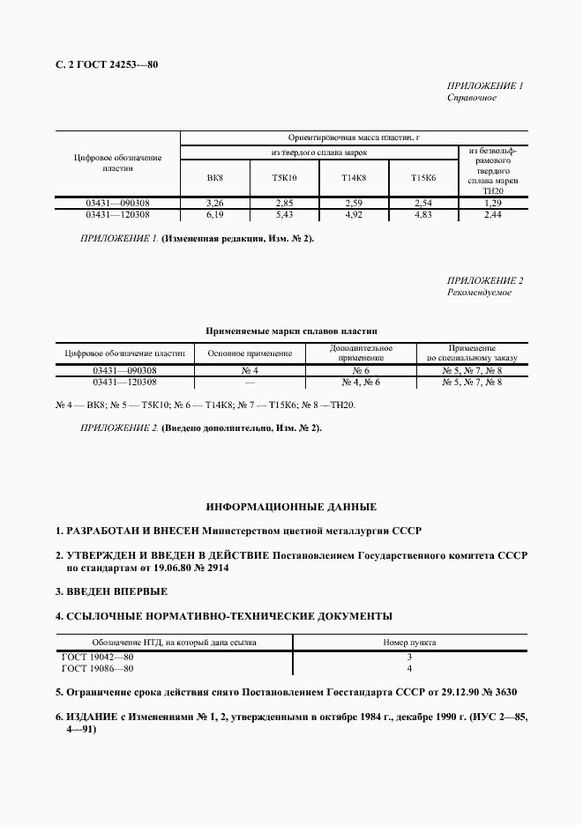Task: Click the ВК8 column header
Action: (214, 179)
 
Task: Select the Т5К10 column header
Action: (285, 179)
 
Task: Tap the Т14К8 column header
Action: (354, 179)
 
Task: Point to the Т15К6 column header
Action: (423, 179)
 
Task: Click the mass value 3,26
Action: (214, 204)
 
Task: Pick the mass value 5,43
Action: (285, 214)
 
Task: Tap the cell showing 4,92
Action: (354, 214)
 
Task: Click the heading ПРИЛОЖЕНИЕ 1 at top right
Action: (486, 86)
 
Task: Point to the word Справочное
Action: (472, 98)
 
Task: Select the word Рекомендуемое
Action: (479, 293)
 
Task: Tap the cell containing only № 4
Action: (250, 371)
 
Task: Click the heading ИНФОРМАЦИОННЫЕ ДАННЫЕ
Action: (291, 508)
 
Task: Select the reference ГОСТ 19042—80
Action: (98, 658)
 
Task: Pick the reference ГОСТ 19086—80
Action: (98, 669)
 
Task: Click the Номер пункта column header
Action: (409, 643)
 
